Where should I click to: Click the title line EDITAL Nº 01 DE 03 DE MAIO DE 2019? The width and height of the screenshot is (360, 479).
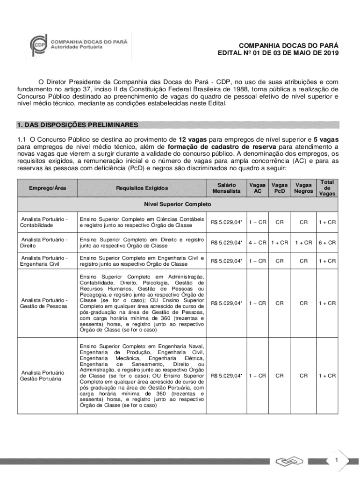tap(278, 53)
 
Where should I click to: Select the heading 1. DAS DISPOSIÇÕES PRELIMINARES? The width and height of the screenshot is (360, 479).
tap(78, 125)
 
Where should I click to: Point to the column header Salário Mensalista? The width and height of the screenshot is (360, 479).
tap(227, 188)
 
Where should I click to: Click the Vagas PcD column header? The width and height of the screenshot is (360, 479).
tap(280, 188)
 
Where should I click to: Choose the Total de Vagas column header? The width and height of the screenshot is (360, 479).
tap(327, 188)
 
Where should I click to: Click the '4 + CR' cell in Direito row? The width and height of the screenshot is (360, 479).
tap(257, 242)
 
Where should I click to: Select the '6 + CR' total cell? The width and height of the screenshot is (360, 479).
tap(327, 242)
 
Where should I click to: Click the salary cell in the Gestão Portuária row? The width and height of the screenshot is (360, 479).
tap(227, 376)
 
